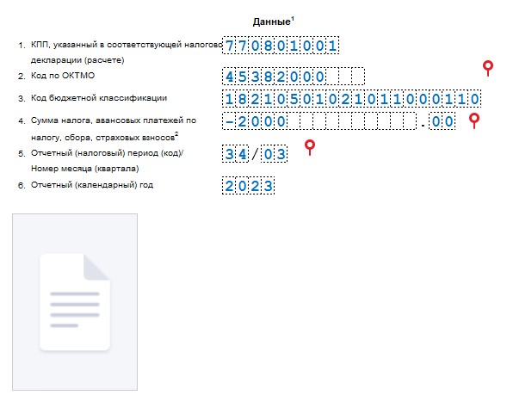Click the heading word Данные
(272, 22)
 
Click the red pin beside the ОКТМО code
(488, 68)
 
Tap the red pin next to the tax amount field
(474, 120)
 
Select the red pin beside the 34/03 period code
(310, 147)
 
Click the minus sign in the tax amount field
(229, 122)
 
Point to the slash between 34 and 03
(255, 154)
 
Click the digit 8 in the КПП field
(268, 46)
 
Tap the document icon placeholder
(75, 302)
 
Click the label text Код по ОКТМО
(63, 76)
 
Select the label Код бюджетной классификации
(99, 98)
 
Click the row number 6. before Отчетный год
(22, 186)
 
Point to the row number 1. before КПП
(22, 46)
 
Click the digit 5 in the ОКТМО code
(242, 77)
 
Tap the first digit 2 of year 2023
(229, 186)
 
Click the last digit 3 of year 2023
(268, 186)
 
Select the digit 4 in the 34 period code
(242, 154)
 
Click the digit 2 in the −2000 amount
(242, 122)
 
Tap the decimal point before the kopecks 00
(423, 126)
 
